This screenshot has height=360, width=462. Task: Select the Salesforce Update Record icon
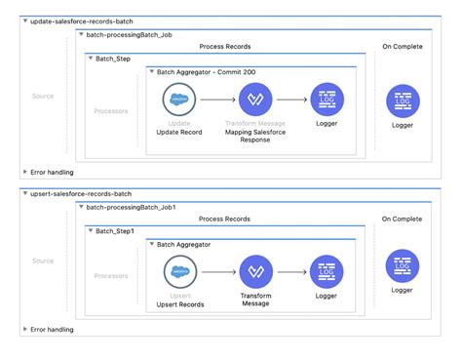(x=178, y=100)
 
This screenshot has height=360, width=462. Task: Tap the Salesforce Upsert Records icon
(x=178, y=271)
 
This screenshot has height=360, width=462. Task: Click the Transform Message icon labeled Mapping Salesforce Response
(x=256, y=100)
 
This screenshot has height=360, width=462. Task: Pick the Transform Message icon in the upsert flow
(x=256, y=271)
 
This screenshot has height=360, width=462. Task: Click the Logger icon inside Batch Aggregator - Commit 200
(x=326, y=100)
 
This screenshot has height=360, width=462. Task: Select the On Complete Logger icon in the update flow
(x=403, y=100)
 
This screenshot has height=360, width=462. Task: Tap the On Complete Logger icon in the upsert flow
(x=403, y=265)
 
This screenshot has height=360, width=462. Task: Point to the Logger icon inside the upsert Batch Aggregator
(x=326, y=271)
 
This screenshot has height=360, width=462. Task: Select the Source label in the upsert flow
(x=43, y=260)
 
